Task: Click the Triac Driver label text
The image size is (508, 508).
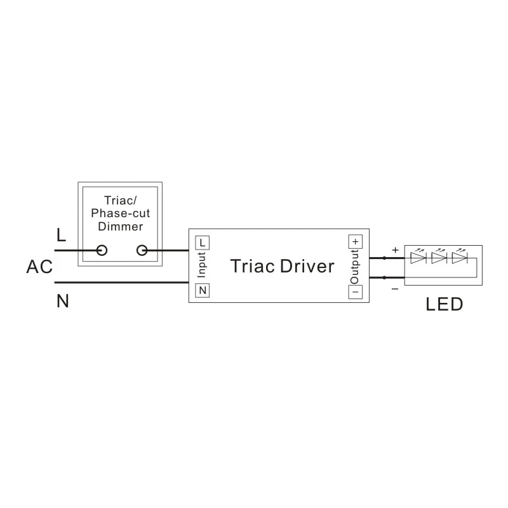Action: point(282,266)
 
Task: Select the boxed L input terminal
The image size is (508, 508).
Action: point(202,242)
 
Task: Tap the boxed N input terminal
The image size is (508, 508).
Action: point(202,290)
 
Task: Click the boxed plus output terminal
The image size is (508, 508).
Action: point(355,242)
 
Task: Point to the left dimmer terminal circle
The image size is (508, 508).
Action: point(101,250)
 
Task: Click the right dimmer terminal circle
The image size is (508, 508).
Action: point(142,250)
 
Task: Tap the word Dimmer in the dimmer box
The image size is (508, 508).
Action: point(122,227)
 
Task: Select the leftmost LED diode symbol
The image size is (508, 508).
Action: point(418,258)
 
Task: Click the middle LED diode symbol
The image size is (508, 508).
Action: point(438,258)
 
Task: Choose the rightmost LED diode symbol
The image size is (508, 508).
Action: point(458,258)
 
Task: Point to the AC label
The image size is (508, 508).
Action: point(39,267)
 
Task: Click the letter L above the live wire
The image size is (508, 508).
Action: point(61,236)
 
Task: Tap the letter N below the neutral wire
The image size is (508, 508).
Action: point(62,301)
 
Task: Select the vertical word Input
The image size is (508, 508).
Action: point(201,265)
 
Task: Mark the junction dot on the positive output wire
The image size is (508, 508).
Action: point(384,258)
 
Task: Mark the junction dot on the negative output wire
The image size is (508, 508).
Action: point(384,277)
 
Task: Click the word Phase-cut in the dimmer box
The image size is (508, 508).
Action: point(121,213)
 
